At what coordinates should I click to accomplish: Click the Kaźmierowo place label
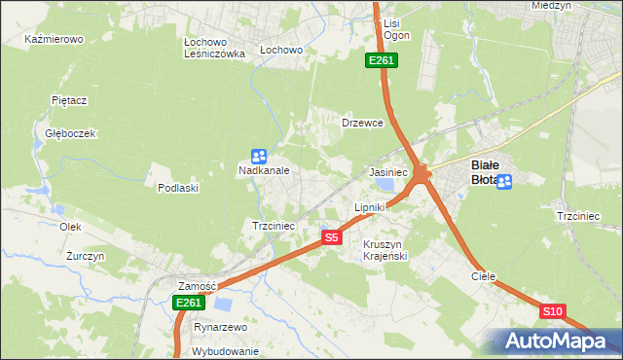coord(55,40)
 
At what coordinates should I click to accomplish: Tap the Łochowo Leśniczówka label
coord(214,49)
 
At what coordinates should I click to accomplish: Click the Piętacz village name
coord(70,100)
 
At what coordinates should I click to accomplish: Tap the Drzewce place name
coord(363,124)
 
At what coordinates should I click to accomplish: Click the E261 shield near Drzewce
coord(381,61)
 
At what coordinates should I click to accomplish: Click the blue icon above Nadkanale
coord(259,156)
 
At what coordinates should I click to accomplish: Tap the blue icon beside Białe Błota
coord(503,181)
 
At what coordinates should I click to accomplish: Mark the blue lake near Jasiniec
coord(388,182)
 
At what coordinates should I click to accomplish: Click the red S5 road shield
coord(332,236)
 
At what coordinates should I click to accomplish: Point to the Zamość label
coord(196,286)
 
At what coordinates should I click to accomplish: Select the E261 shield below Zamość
coord(189,304)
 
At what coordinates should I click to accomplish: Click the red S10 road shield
coord(552,311)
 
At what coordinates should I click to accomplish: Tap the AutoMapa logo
coord(555,342)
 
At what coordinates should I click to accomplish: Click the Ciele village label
coord(484,276)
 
